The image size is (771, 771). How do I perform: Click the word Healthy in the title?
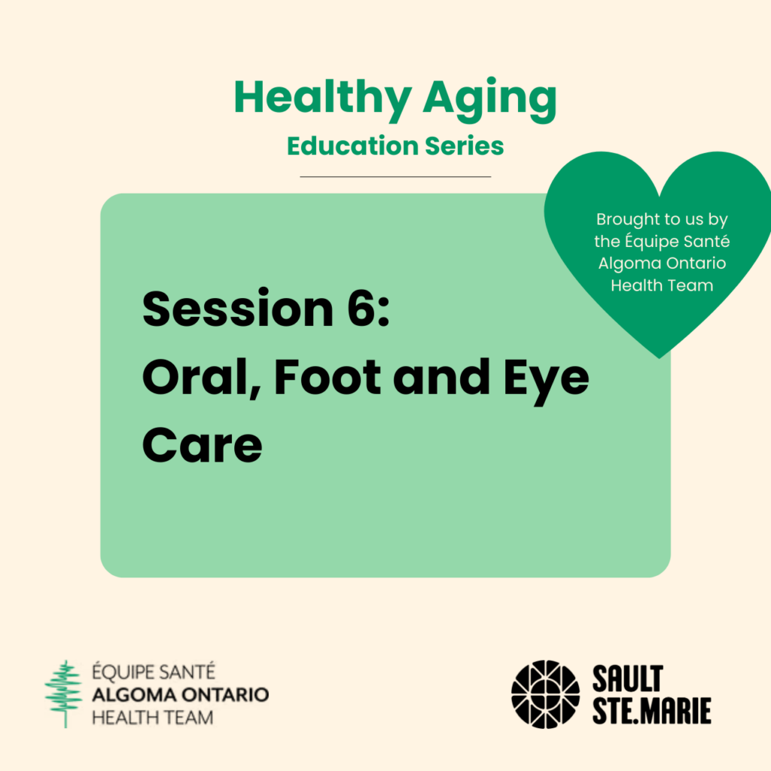pyautogui.click(x=322, y=100)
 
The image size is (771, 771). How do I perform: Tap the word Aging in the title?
pyautogui.click(x=490, y=100)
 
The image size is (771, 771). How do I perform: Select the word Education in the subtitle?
pyautogui.click(x=352, y=146)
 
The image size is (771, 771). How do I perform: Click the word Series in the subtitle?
pyautogui.click(x=465, y=146)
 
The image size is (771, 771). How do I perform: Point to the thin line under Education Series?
pyautogui.click(x=395, y=176)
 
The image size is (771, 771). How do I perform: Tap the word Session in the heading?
pyautogui.click(x=238, y=309)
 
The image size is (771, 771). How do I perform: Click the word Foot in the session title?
pyautogui.click(x=328, y=377)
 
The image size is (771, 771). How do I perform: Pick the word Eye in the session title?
pyautogui.click(x=547, y=382)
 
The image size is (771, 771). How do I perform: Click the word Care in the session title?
pyautogui.click(x=202, y=445)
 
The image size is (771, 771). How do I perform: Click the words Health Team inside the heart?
pyautogui.click(x=662, y=285)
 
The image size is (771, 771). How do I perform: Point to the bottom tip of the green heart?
pyautogui.click(x=660, y=358)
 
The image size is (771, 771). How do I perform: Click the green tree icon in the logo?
pyautogui.click(x=64, y=693)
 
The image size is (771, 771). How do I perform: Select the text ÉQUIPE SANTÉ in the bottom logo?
pyautogui.click(x=154, y=672)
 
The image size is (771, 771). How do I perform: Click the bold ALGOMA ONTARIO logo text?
pyautogui.click(x=181, y=695)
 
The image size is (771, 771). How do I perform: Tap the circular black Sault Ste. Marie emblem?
pyautogui.click(x=546, y=694)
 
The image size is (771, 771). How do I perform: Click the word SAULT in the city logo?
pyautogui.click(x=628, y=679)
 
